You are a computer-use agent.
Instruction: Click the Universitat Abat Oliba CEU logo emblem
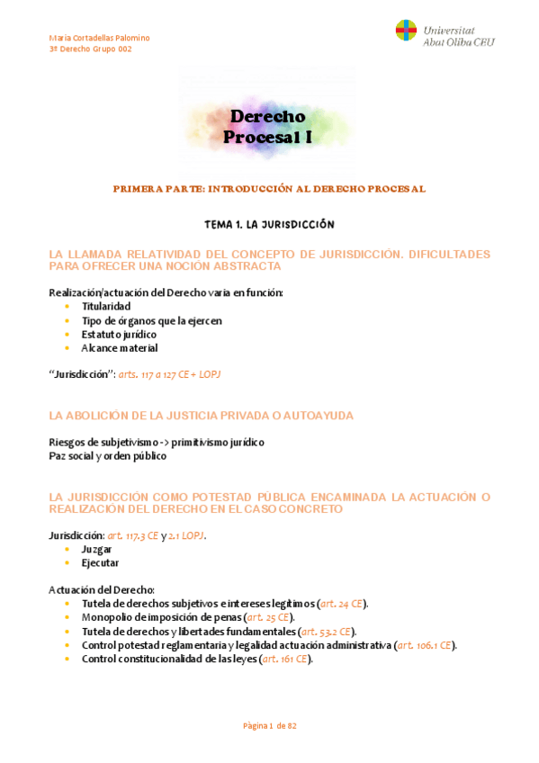[406, 31]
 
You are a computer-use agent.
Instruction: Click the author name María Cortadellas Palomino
[99, 38]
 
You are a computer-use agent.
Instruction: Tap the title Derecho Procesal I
[268, 127]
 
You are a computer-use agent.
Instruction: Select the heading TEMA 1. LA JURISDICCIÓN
[270, 223]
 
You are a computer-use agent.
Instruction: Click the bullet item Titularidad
[106, 307]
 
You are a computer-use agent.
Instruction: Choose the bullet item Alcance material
[120, 347]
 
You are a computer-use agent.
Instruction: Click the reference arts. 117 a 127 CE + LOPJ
[169, 374]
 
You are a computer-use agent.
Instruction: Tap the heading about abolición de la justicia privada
[202, 416]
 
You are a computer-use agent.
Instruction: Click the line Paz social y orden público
[109, 456]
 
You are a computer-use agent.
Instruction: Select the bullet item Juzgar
[96, 548]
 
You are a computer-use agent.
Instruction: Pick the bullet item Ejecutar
[100, 562]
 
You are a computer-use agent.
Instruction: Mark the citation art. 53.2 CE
[328, 632]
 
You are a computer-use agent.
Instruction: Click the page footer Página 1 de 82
[270, 726]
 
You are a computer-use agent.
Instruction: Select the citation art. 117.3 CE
[132, 535]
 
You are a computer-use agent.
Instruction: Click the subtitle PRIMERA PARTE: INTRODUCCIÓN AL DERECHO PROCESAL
[269, 189]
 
